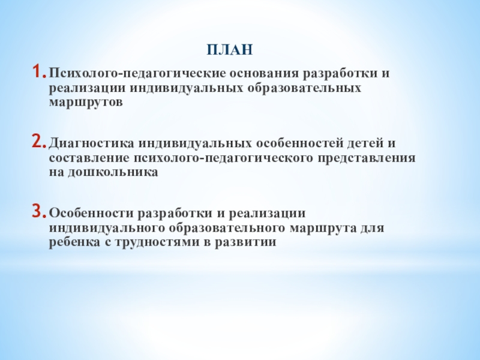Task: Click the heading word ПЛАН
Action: [230, 49]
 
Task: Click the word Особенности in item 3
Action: [92, 214]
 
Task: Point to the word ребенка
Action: [72, 241]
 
